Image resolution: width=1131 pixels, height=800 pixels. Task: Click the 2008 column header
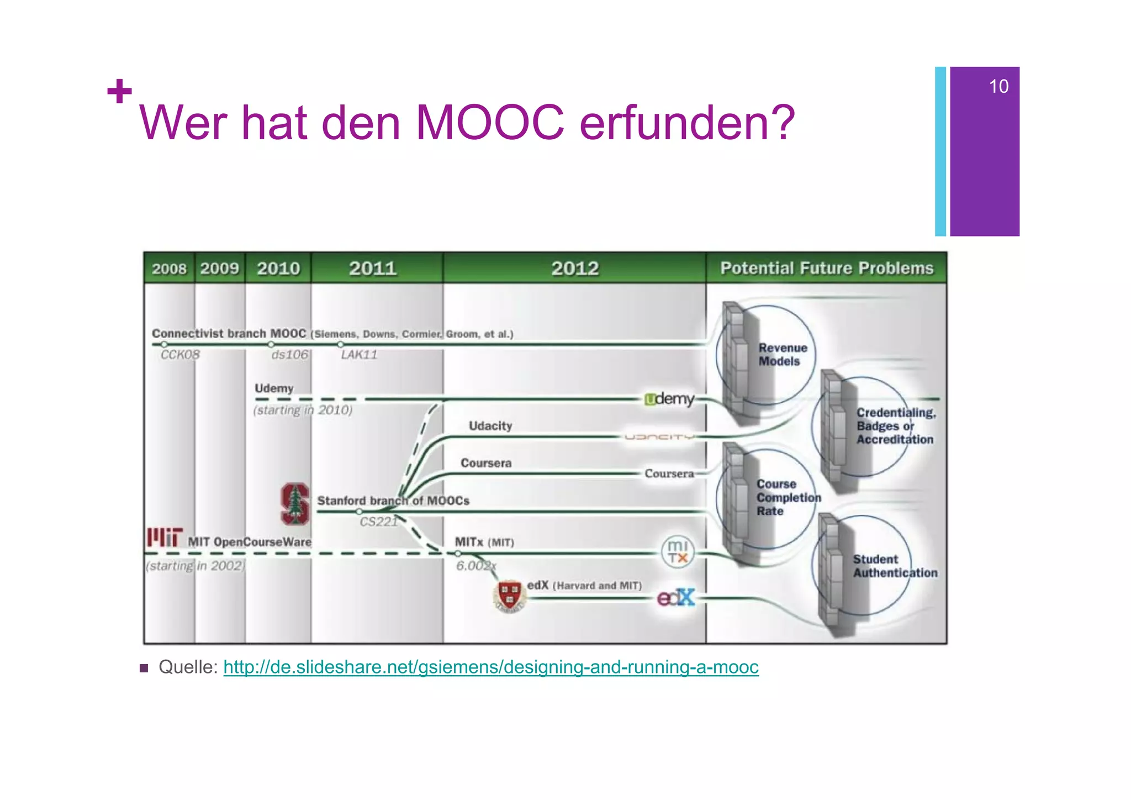click(x=169, y=269)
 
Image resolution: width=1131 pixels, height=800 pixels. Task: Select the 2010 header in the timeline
click(x=278, y=269)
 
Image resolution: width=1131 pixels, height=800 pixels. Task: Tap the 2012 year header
click(x=575, y=269)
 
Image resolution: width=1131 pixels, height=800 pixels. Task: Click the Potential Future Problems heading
click(x=827, y=268)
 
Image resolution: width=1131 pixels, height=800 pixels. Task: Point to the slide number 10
click(x=998, y=86)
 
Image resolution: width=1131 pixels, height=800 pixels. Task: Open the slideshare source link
click(x=491, y=667)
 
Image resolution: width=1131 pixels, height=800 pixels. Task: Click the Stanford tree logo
click(x=295, y=504)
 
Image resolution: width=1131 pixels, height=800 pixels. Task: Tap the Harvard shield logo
click(x=509, y=596)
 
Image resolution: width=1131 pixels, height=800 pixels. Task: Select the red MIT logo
click(x=165, y=538)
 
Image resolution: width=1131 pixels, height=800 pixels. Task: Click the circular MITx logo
click(x=678, y=551)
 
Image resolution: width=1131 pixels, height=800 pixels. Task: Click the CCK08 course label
click(x=180, y=355)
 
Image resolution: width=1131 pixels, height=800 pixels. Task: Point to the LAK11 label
click(x=359, y=355)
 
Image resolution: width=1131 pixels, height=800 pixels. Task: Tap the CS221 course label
click(x=378, y=522)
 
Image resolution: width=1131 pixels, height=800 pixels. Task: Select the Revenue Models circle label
click(x=783, y=355)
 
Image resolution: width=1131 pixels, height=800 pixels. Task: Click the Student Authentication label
click(x=895, y=566)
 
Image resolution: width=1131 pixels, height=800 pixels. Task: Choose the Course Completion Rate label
click(x=788, y=497)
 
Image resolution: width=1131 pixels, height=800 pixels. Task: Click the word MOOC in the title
click(x=490, y=123)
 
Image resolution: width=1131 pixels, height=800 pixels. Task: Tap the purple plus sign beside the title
click(x=119, y=91)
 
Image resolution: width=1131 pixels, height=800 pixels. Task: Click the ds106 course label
click(x=290, y=355)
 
